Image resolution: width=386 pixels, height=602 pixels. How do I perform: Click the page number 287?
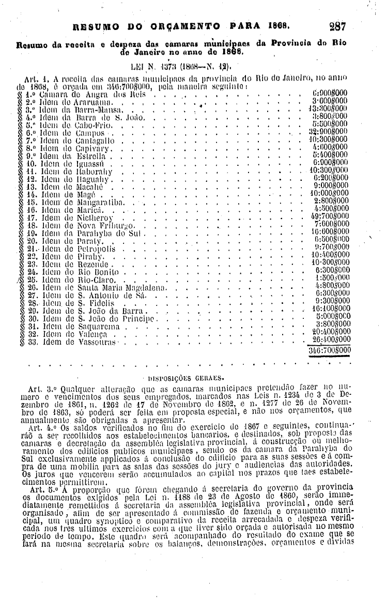point(336,25)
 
